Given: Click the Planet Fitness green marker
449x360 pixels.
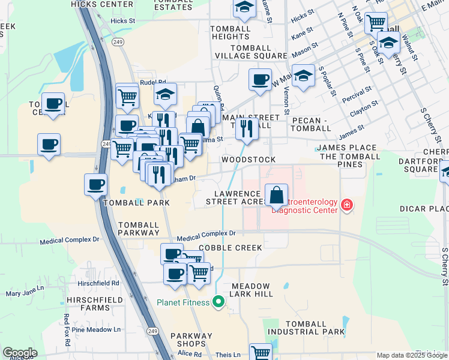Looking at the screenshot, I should [x=218, y=301].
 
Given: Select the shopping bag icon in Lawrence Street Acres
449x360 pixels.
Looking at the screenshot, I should [x=276, y=196].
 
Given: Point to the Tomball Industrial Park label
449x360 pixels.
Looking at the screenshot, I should [x=306, y=326].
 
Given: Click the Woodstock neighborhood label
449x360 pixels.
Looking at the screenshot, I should [x=249, y=160].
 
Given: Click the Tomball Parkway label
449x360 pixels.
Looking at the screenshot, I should [x=139, y=228].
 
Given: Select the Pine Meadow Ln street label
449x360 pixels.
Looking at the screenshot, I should [x=96, y=329].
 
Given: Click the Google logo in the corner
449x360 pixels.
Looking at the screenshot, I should [x=20, y=353].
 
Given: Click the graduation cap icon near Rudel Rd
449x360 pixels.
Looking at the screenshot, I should [x=165, y=94].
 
